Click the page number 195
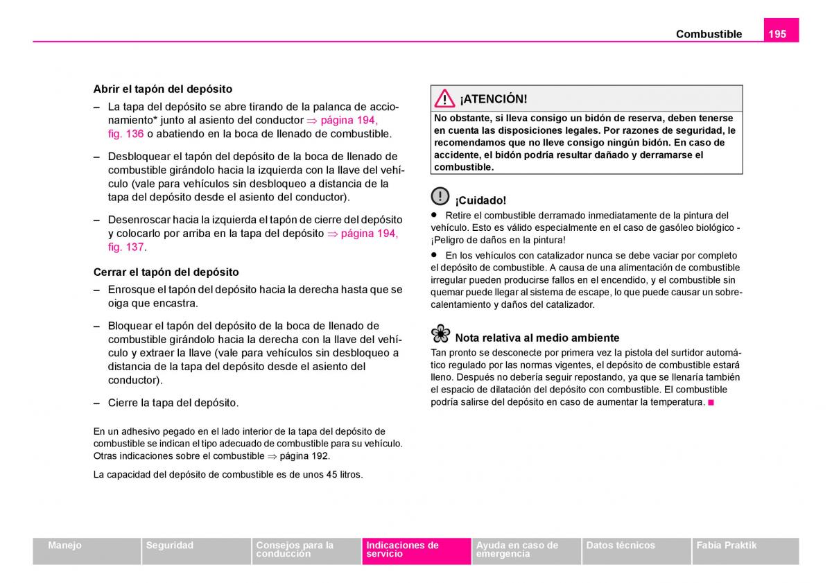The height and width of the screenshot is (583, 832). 778,33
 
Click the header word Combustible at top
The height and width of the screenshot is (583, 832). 709,34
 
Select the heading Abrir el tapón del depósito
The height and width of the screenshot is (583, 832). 163,89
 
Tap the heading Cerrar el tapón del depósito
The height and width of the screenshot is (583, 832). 166,272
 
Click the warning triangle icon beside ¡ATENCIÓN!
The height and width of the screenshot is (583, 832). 444,98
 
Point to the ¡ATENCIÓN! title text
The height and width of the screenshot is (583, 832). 493,99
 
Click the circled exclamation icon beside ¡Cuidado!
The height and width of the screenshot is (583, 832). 440,196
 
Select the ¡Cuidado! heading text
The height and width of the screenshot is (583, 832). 480,200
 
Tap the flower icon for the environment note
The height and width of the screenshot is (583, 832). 440,334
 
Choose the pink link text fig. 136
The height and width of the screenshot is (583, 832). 125,134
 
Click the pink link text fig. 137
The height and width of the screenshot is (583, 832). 125,247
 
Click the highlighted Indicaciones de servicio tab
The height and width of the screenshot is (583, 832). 416,550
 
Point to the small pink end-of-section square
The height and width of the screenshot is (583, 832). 711,402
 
